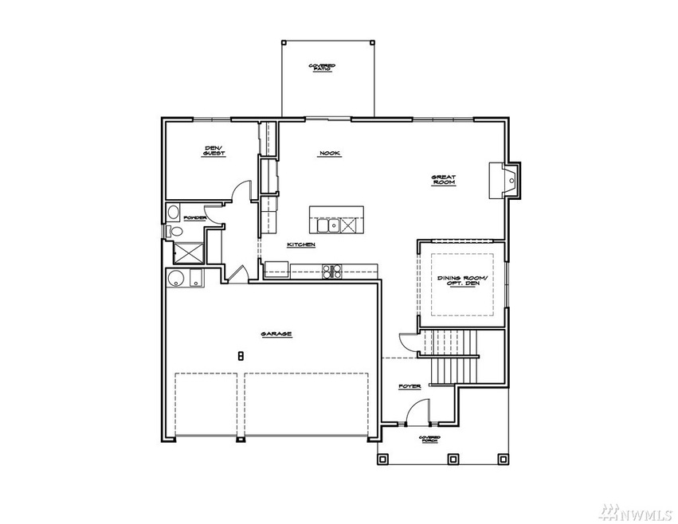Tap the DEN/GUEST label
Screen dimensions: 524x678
[x=211, y=150]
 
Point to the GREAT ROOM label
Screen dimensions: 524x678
[x=442, y=180]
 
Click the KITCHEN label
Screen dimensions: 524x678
[x=302, y=244]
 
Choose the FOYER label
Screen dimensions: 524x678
[x=410, y=386]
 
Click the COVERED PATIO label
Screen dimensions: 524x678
[x=322, y=68]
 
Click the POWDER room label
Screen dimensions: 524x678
[x=195, y=217]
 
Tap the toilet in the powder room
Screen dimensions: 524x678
[x=175, y=231]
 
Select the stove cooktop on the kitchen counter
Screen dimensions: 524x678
[x=332, y=271]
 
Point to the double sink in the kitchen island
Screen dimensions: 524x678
[x=348, y=225]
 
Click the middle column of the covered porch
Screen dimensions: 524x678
[x=453, y=459]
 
